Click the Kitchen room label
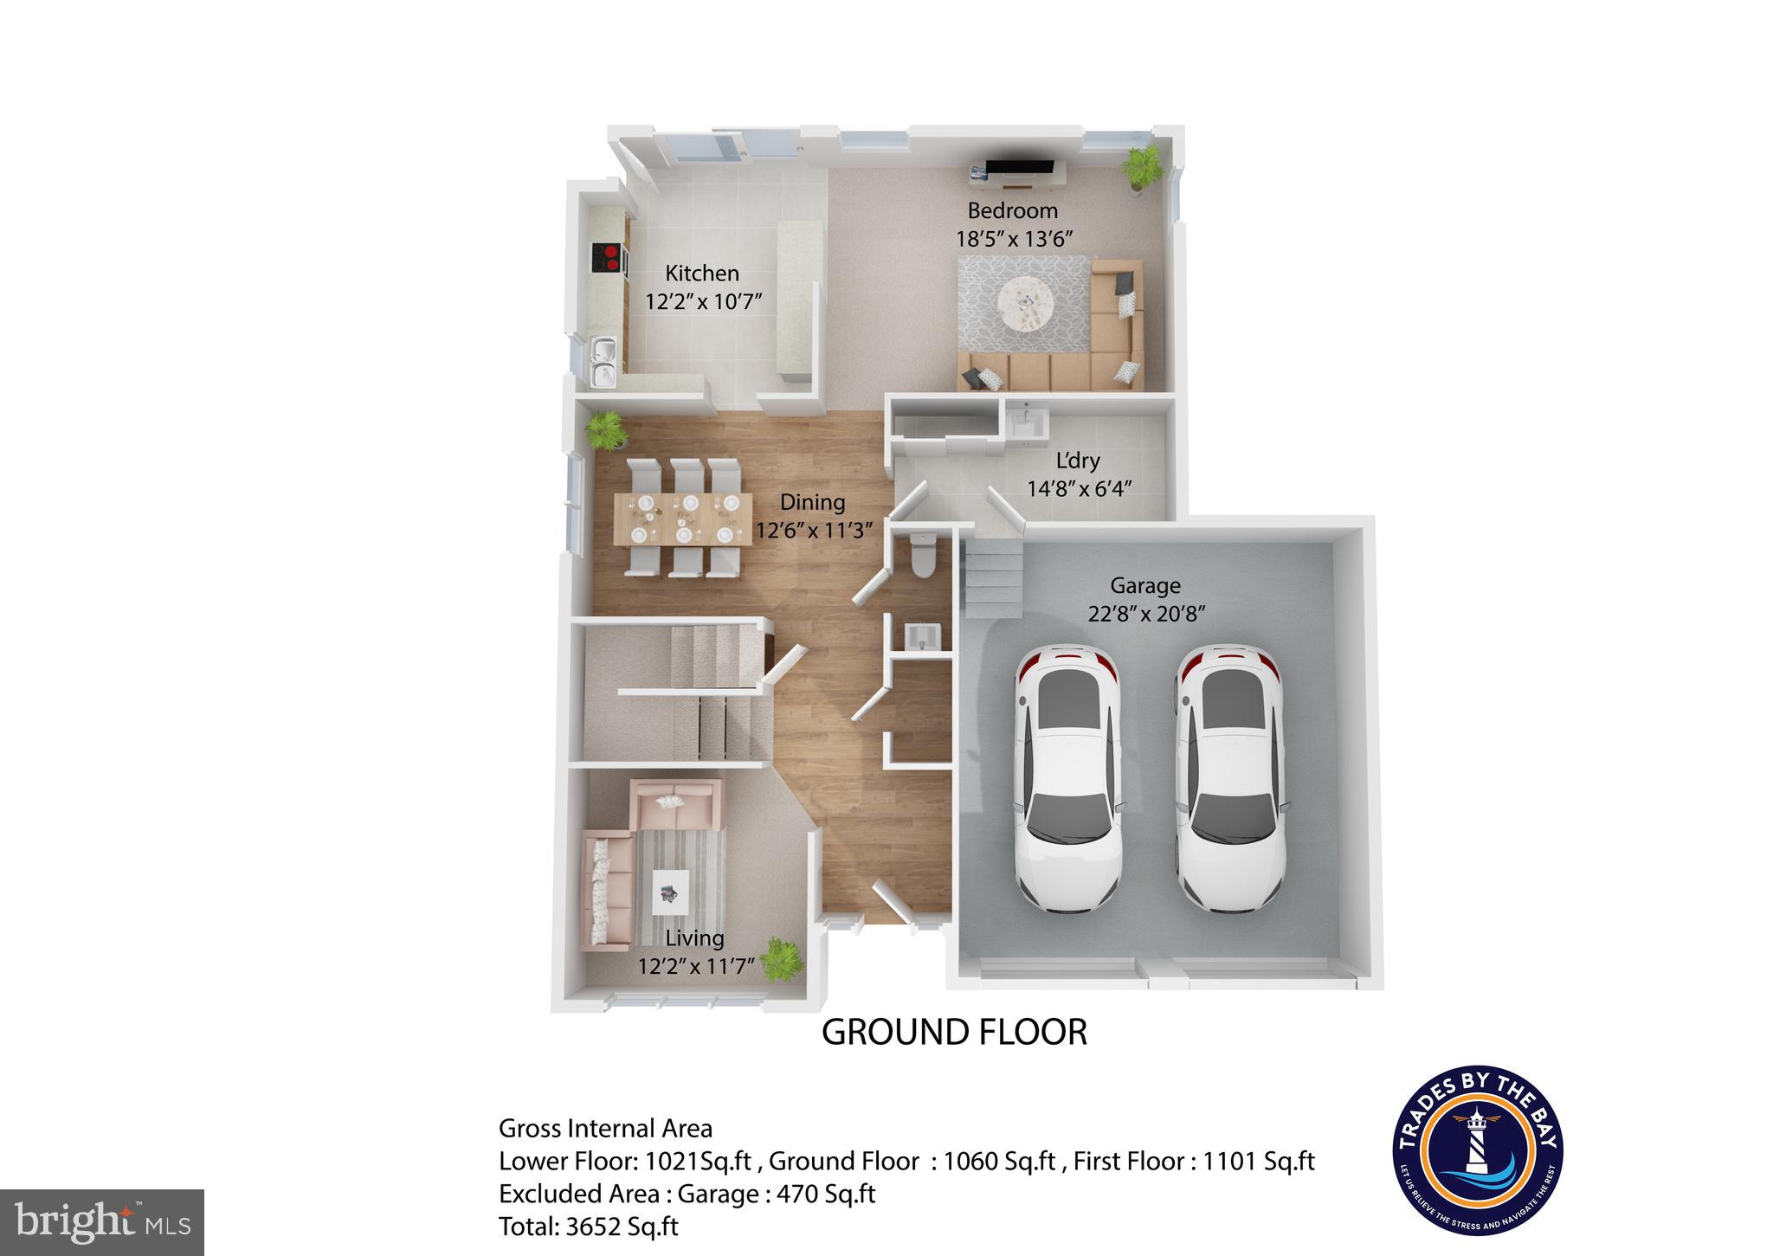coord(702,274)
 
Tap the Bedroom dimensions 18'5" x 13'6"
coord(1014,240)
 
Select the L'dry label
coord(1077,461)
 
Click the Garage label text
coord(1145,586)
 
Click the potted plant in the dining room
coord(605,429)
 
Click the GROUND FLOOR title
coord(954,1033)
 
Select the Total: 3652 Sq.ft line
coord(589,1227)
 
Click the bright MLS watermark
coord(102,1222)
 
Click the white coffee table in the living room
coord(671,890)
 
